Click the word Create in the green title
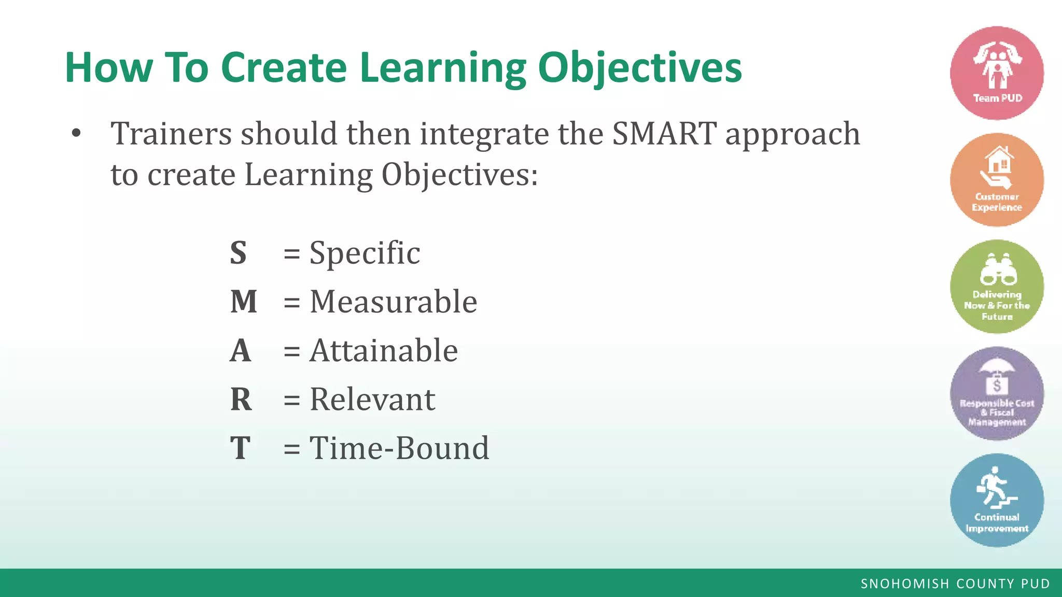tap(284, 67)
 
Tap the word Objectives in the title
tap(640, 68)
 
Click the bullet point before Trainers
tap(77, 134)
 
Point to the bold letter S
tap(238, 253)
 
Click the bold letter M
tap(244, 302)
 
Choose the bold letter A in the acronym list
tap(241, 351)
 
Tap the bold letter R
tap(241, 400)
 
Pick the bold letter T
tap(240, 448)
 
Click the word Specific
tap(365, 253)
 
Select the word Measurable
tap(393, 302)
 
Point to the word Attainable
tap(384, 351)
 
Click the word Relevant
tap(372, 400)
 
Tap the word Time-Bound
tap(399, 448)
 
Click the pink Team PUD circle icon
tap(997, 73)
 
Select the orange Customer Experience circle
tap(997, 180)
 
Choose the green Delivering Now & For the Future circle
tap(997, 287)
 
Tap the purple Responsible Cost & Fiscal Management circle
tap(997, 393)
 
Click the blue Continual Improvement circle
tap(997, 500)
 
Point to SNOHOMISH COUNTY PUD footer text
tap(955, 584)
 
